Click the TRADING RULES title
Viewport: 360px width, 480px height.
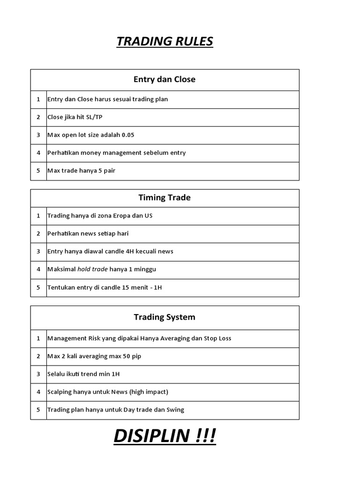(165, 42)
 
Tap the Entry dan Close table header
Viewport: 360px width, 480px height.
(165, 79)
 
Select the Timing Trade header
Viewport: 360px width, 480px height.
(165, 197)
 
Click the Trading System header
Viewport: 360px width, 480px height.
(165, 317)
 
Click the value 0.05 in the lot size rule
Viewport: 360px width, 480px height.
(128, 135)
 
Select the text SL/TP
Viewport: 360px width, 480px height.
(94, 117)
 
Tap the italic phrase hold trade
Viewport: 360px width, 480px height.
(92, 269)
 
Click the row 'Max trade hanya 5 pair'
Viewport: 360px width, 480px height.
(81, 171)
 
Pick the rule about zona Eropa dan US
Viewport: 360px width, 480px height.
(100, 216)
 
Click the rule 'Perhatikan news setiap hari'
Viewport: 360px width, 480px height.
(88, 233)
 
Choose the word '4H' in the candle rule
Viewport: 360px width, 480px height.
(131, 251)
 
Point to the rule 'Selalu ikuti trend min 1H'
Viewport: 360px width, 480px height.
(87, 374)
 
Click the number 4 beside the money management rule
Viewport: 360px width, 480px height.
(38, 153)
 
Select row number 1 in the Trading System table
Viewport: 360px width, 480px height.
(38, 338)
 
